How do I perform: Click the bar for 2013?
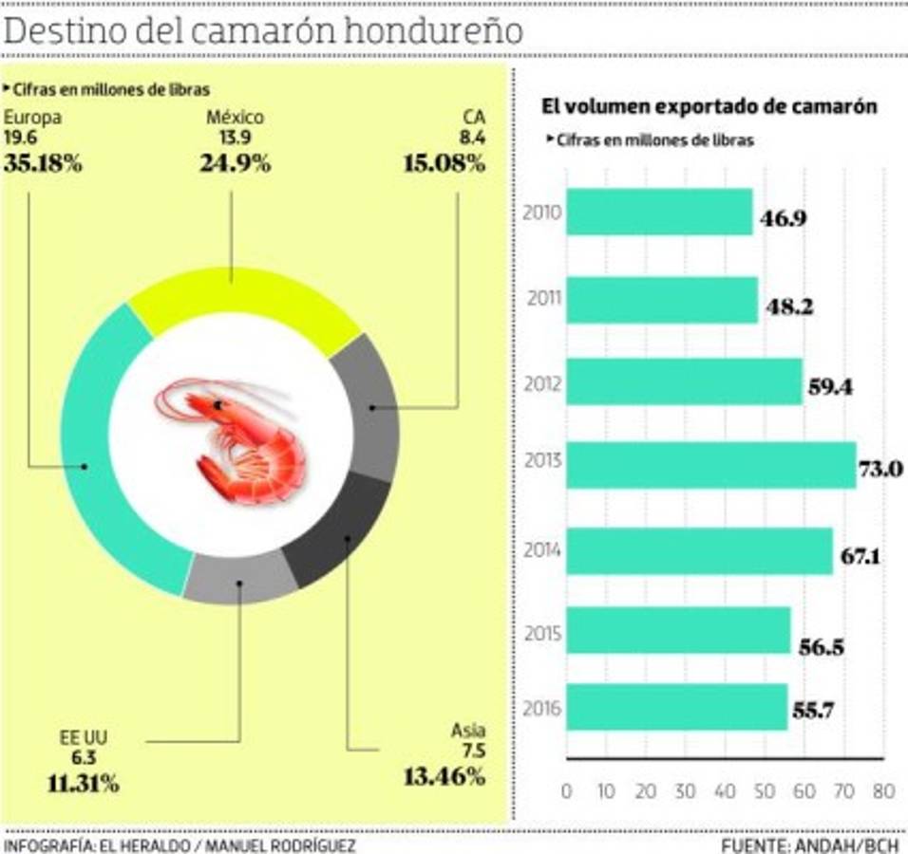coord(710,465)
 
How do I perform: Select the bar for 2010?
coord(659,211)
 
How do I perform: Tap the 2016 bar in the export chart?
coord(676,707)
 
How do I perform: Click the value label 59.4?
coord(833,387)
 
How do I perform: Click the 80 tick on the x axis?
coord(883,791)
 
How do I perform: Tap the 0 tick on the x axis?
coord(567,791)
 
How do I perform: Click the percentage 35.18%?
coord(43,162)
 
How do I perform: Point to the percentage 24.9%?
coord(235,162)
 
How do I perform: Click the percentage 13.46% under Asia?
coord(445,776)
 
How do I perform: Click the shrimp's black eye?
coord(218,405)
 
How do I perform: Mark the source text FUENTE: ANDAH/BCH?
coord(812,844)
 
